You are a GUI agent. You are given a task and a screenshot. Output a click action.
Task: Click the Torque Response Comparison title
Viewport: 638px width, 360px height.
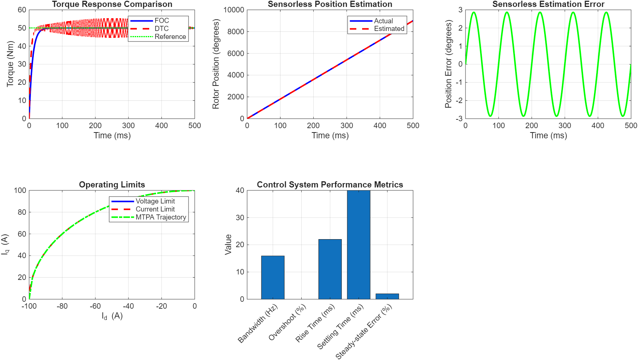(x=112, y=4)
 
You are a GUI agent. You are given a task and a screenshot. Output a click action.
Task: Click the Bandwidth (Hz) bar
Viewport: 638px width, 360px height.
(x=273, y=277)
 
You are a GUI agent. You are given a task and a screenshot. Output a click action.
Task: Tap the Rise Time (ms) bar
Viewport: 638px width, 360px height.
(x=330, y=269)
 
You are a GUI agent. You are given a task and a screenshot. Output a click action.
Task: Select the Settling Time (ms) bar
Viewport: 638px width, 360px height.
(x=358, y=245)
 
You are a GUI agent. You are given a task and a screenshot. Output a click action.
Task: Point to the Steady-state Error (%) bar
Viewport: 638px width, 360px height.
(x=387, y=296)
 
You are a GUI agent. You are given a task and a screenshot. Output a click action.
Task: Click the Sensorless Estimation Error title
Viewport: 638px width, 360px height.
(x=548, y=4)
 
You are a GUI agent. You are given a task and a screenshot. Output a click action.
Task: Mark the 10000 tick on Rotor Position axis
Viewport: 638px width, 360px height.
(x=234, y=10)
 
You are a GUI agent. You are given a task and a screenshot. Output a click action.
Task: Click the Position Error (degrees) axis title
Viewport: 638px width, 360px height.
(x=448, y=64)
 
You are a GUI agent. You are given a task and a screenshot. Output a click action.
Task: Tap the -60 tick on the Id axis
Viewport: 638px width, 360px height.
(x=95, y=306)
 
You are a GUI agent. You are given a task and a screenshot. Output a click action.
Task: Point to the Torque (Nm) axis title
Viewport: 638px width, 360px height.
(x=10, y=64)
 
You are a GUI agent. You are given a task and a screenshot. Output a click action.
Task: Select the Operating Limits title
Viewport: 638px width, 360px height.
(x=112, y=185)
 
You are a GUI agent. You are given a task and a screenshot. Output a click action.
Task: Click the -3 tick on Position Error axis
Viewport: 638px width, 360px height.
(x=460, y=119)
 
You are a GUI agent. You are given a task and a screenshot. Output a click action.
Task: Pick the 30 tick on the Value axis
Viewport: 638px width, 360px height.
(x=240, y=218)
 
